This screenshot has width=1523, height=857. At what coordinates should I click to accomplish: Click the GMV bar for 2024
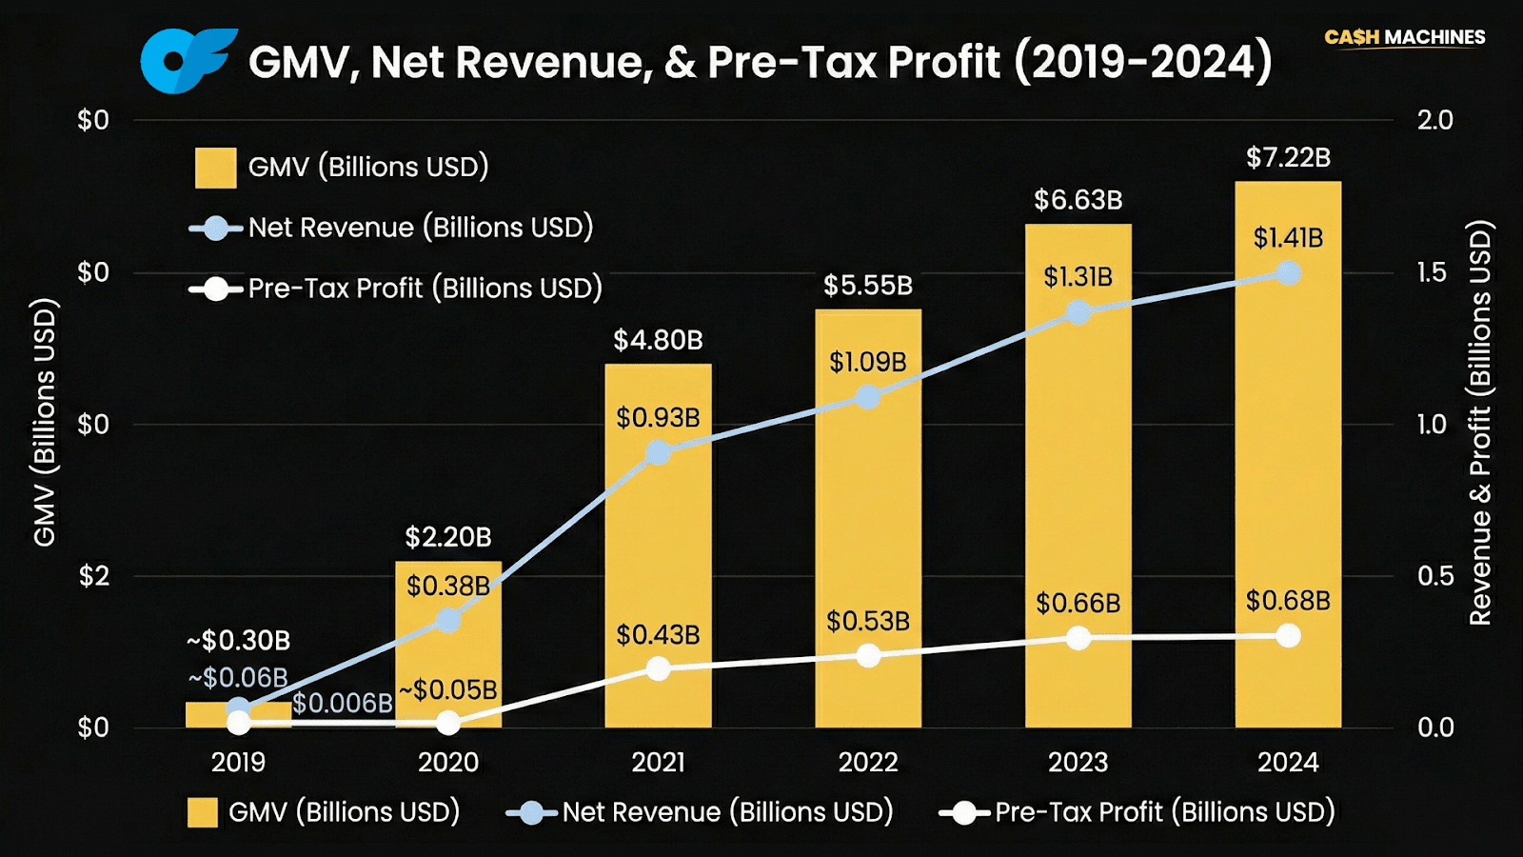point(1288,457)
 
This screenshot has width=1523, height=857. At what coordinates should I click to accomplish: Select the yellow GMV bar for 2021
point(658,552)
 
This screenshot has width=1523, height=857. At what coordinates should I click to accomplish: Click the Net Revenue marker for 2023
point(1078,312)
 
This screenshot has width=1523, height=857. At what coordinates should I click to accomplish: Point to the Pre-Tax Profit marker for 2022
point(868,656)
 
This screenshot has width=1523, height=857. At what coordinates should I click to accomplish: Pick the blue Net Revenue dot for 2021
point(658,452)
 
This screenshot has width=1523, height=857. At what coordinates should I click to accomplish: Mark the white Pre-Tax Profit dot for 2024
point(1288,636)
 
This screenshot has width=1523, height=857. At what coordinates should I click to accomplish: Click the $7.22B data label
point(1288,157)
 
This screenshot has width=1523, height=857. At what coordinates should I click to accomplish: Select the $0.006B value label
point(342,703)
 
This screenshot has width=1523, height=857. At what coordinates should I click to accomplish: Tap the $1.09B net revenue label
point(867,362)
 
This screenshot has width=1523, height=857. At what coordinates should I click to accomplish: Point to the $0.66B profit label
point(1078,603)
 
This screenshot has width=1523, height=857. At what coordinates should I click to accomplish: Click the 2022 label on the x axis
point(868,762)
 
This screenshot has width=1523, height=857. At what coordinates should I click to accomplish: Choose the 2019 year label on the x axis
point(238,762)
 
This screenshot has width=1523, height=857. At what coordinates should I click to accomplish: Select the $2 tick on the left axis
point(93,576)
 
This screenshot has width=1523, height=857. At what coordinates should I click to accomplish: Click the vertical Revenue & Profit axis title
point(1480,424)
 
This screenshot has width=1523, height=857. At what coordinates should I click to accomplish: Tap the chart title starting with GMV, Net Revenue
point(760,63)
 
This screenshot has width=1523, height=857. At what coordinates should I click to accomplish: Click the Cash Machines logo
point(1404,37)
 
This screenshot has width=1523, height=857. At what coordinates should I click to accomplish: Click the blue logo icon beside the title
point(188,61)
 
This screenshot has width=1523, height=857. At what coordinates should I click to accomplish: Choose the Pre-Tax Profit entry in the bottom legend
point(1137,812)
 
